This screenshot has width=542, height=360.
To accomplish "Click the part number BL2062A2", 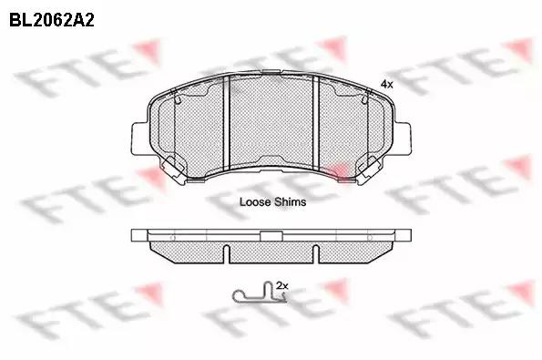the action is tap(52, 20).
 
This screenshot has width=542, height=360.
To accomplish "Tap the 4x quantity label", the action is tap(386, 84).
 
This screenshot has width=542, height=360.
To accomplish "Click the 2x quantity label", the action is tap(282, 285).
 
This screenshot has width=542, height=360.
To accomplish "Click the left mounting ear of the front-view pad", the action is tap(139, 139).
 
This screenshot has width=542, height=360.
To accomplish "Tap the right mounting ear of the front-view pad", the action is tap(403, 139).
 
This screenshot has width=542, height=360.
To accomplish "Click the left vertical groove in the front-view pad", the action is tap(227, 123).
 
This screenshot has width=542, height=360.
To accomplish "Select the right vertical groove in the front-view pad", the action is tap(316, 123).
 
